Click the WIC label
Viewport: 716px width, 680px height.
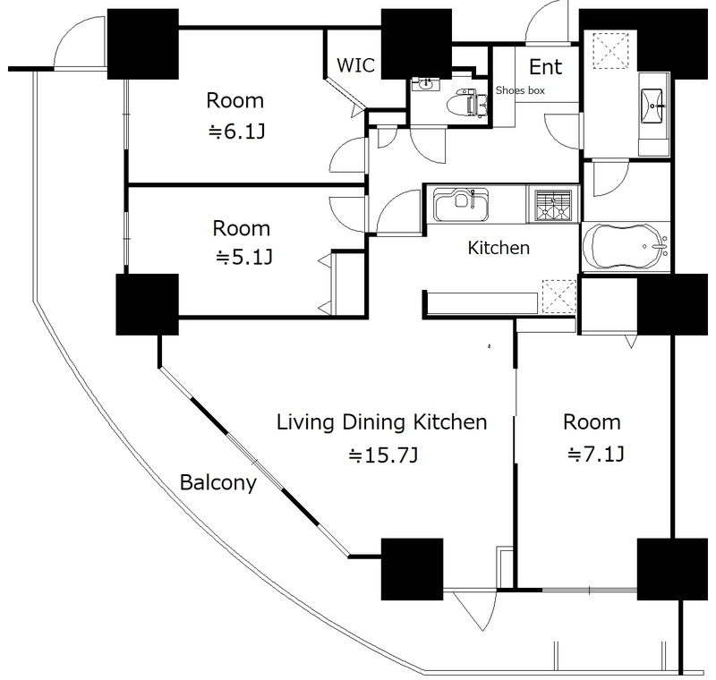coord(355,64)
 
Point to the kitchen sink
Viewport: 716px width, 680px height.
coord(461,205)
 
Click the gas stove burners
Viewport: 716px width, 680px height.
coord(553,206)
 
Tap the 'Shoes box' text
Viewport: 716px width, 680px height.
coord(520,90)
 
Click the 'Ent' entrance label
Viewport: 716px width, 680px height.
coord(545,67)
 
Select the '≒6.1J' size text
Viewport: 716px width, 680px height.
coord(236,132)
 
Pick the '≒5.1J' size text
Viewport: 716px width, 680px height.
coord(243,258)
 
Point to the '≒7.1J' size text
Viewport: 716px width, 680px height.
coord(595,455)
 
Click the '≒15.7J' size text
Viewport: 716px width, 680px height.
coord(383,455)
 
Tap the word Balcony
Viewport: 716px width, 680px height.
coord(218,483)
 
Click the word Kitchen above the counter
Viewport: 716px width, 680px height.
coord(499,248)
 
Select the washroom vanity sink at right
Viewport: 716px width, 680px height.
coord(652,106)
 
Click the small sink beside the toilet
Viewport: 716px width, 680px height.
coord(425,84)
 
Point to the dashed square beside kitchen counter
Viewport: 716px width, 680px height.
coord(558,297)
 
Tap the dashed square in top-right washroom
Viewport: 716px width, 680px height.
coord(610,51)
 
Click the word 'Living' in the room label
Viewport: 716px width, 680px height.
coord(305,422)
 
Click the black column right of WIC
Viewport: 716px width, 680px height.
coord(416,44)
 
